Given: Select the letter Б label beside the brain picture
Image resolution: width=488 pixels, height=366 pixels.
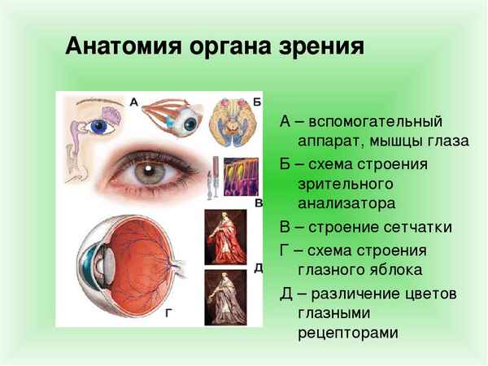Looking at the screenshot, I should [257, 102].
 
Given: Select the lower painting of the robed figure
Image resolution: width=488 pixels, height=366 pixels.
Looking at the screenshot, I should [225, 297].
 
